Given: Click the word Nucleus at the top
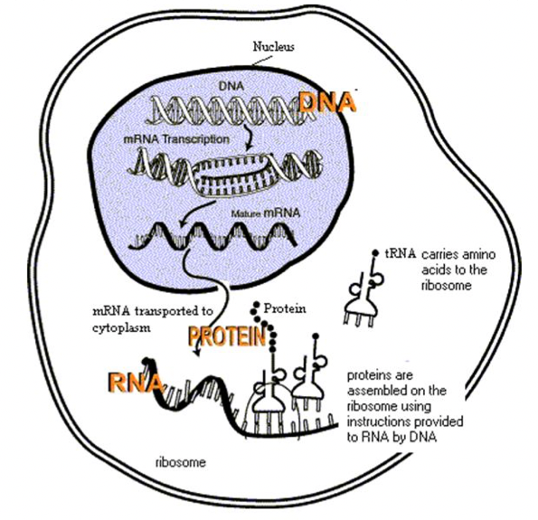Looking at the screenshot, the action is pyautogui.click(x=273, y=46).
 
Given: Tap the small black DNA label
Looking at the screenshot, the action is pyautogui.click(x=231, y=86).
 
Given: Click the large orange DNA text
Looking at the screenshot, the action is pyautogui.click(x=327, y=102).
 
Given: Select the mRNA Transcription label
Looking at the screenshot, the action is pyautogui.click(x=176, y=139).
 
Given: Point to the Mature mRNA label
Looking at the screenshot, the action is pyautogui.click(x=266, y=213).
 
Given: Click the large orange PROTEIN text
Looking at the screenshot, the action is pyautogui.click(x=227, y=336).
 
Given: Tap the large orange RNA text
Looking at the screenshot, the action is pyautogui.click(x=135, y=382).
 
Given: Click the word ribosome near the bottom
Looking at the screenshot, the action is pyautogui.click(x=181, y=462).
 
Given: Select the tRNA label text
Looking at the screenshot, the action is pyautogui.click(x=400, y=254).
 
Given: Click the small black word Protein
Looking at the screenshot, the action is pyautogui.click(x=285, y=308).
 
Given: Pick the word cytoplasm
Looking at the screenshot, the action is pyautogui.click(x=121, y=327).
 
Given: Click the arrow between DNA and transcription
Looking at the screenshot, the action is pyautogui.click(x=249, y=137).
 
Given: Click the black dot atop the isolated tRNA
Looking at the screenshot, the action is pyautogui.click(x=376, y=253).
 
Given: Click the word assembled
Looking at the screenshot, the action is pyautogui.click(x=375, y=391).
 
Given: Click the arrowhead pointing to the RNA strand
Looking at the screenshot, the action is pyautogui.click(x=197, y=352).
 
